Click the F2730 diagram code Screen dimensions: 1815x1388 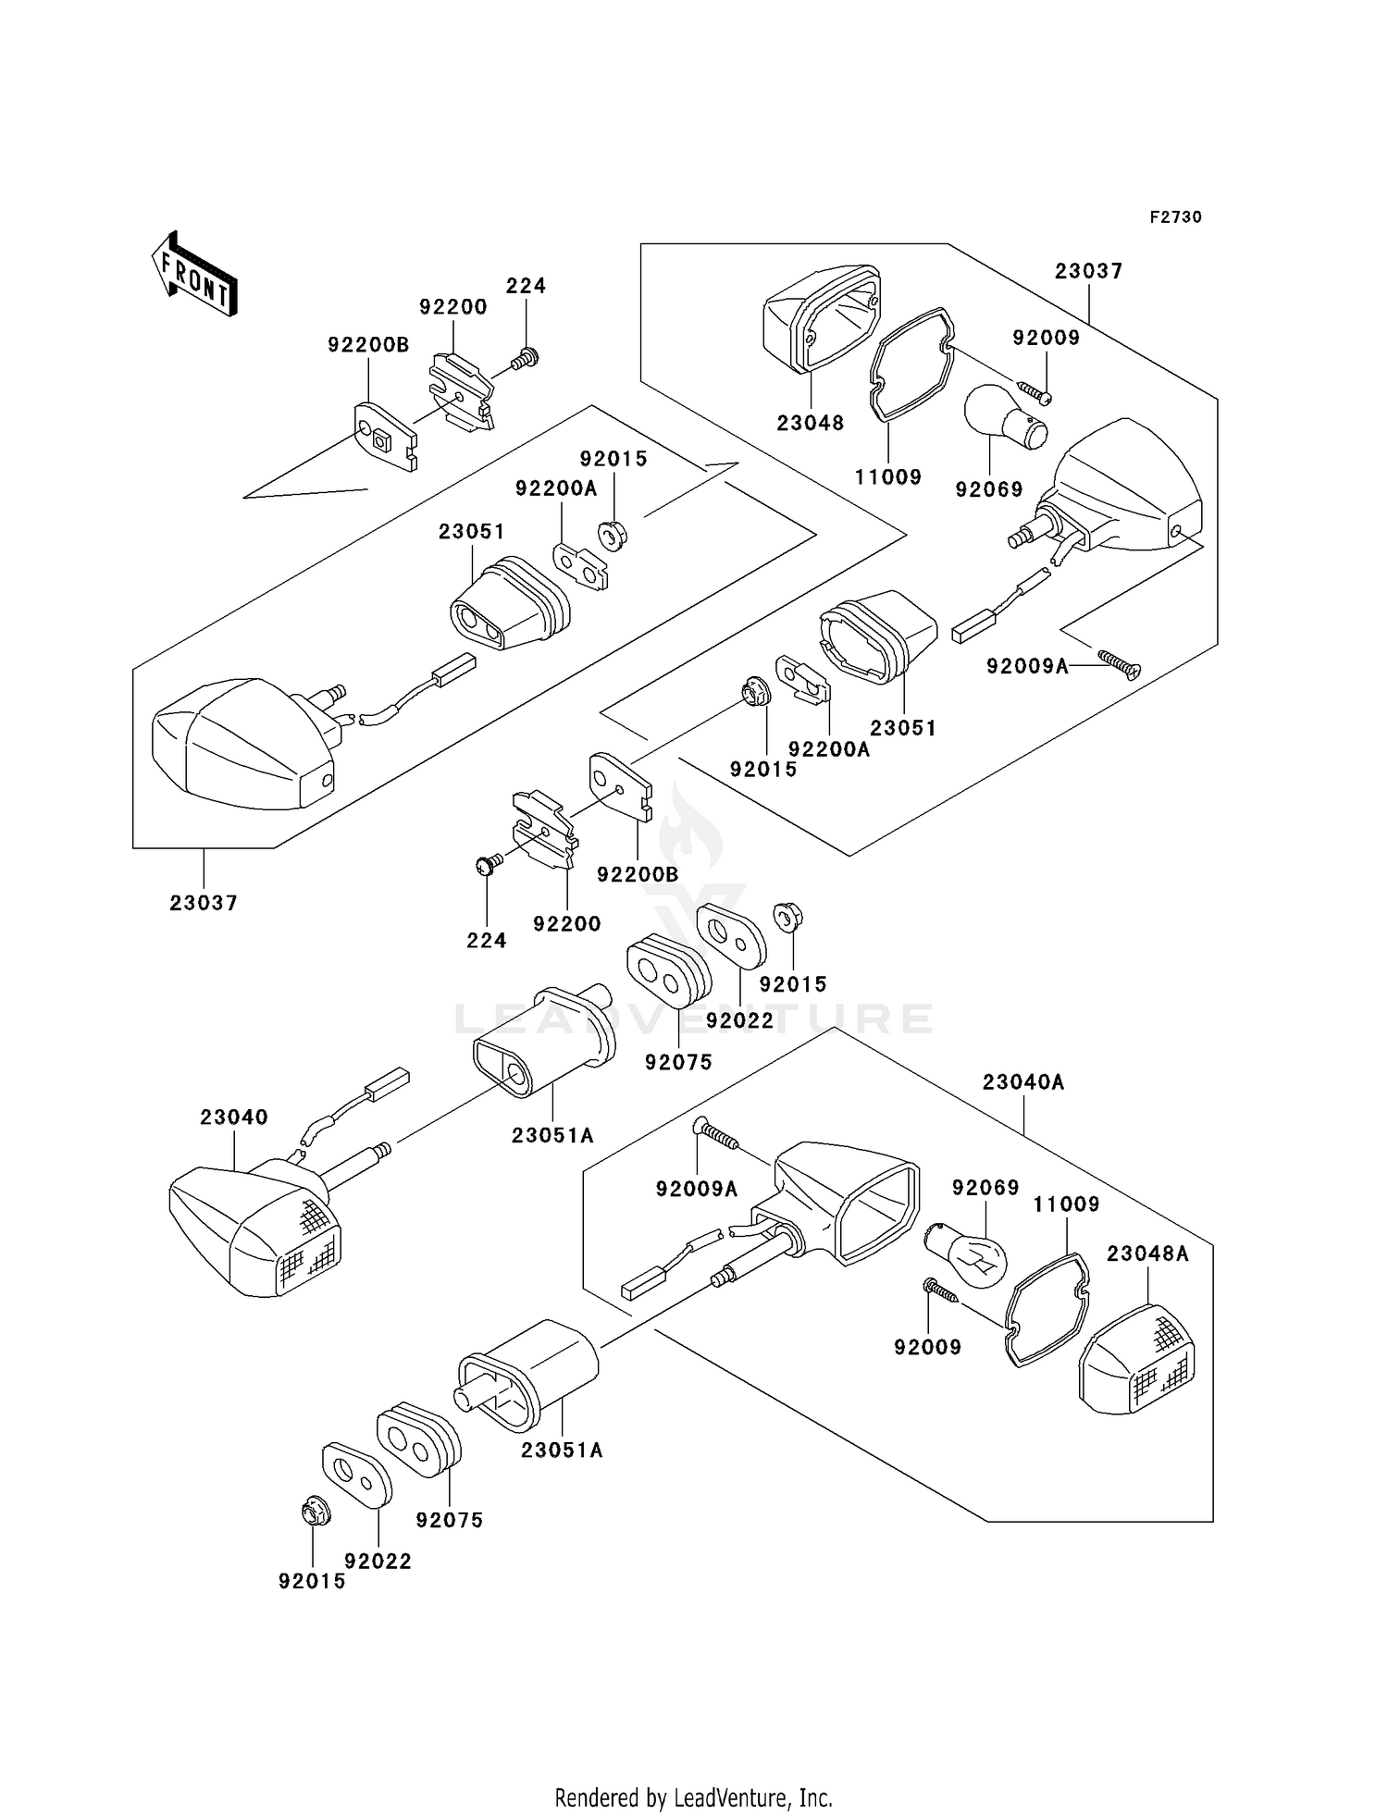tap(1175, 217)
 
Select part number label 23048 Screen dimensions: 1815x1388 tap(810, 423)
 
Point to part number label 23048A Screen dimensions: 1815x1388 tap(1147, 1253)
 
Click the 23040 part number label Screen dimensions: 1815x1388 tap(234, 1117)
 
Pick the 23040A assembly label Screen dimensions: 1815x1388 tap(1023, 1081)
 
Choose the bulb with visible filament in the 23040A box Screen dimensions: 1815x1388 tap(967, 1254)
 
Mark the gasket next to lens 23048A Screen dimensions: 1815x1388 tap(1047, 1310)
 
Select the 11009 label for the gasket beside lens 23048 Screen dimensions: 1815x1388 tap(887, 477)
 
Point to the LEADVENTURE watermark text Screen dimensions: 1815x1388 tap(693, 1019)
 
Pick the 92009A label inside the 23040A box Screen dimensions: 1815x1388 tap(697, 1190)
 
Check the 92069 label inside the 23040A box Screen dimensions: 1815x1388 tap(985, 1187)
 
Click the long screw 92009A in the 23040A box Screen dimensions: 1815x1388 tap(716, 1135)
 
